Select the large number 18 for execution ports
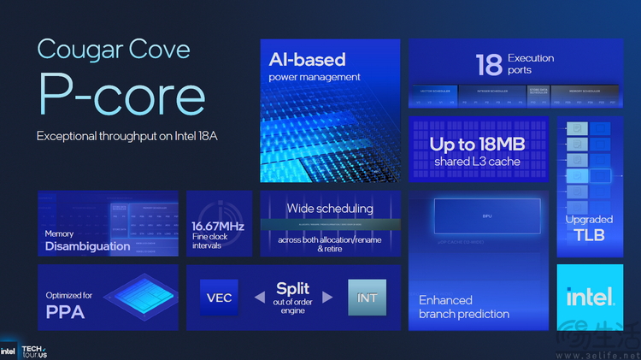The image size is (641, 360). point(488,64)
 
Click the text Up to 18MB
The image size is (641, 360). point(477,145)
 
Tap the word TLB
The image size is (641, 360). point(589,234)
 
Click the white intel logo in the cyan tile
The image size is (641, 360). point(590,297)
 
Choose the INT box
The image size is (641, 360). point(367,298)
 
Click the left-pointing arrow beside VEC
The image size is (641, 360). point(261,298)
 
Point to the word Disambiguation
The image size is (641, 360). point(88,246)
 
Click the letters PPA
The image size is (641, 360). point(65,313)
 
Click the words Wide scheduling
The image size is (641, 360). point(330,208)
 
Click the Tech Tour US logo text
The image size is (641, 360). point(33,351)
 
